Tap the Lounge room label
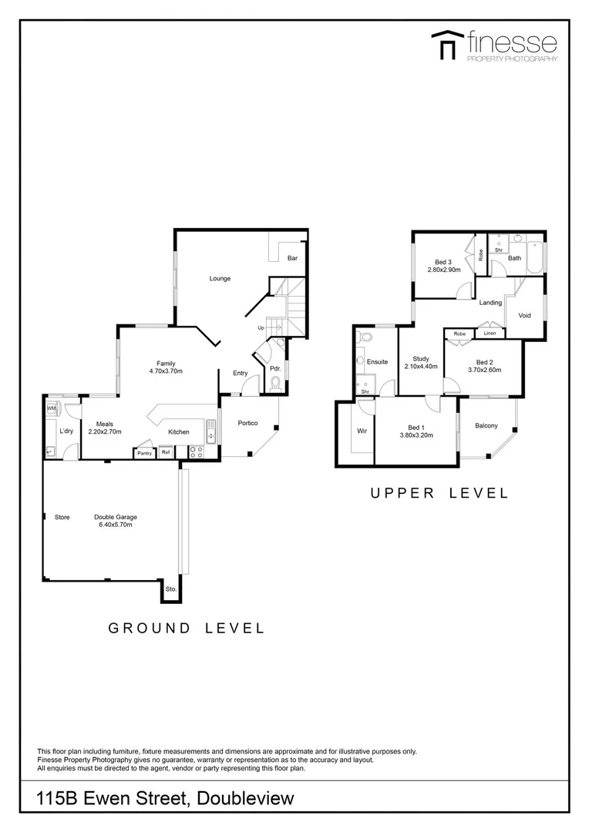(220, 278)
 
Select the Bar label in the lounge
(292, 258)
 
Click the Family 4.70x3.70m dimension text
(167, 371)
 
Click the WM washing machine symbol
(52, 408)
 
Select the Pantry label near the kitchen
(144, 453)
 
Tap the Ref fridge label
(165, 453)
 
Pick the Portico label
(247, 422)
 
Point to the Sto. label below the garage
(171, 591)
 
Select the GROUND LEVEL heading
(186, 629)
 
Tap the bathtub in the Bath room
(537, 260)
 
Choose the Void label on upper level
(525, 315)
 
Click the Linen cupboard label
(490, 334)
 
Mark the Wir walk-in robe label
(361, 431)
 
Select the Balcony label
(486, 426)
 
